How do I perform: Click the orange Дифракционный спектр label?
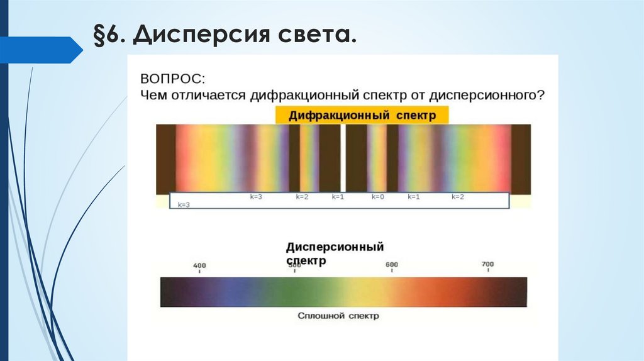(x=362, y=115)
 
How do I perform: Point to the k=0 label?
(x=377, y=197)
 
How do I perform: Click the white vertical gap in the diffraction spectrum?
(x=343, y=157)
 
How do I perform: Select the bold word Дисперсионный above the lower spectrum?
(x=335, y=247)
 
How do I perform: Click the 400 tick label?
(x=199, y=265)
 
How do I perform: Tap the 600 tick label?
(x=392, y=265)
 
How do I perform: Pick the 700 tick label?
(x=487, y=264)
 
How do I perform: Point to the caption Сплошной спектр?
(x=338, y=316)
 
